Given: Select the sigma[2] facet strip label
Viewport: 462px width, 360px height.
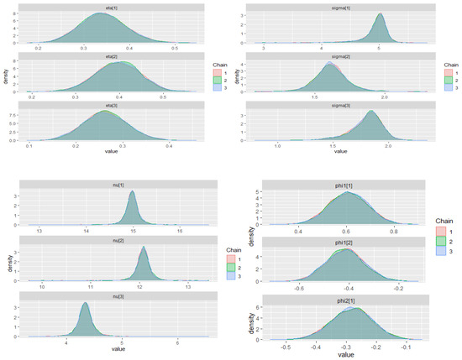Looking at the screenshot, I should coord(340,53).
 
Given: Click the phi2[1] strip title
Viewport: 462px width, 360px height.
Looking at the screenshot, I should coord(340,300).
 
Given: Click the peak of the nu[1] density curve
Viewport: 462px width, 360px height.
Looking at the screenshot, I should coord(132,192).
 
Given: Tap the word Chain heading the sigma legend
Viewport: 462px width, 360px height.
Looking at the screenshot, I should coord(451,62).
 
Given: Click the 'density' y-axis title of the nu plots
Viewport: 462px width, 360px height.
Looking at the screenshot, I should coord(5,263).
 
